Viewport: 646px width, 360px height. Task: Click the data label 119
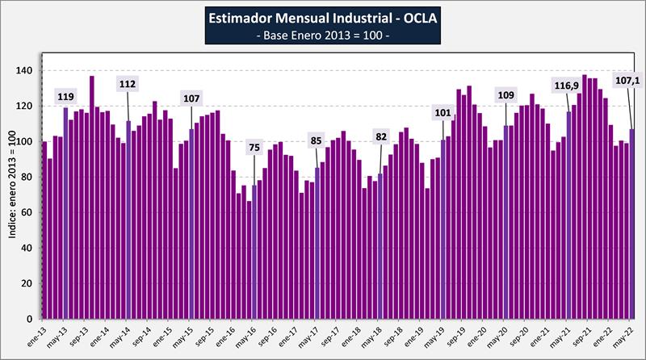(65, 97)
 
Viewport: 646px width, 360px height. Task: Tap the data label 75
(254, 147)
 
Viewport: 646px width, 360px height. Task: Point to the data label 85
(317, 141)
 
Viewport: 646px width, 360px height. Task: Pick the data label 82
(380, 136)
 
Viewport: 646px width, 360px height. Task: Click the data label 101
(443, 112)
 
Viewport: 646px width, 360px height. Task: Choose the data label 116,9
(568, 85)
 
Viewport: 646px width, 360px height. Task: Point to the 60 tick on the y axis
(29, 213)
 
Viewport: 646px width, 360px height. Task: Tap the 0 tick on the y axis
(32, 319)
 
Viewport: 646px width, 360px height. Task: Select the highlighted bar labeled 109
(506, 222)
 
